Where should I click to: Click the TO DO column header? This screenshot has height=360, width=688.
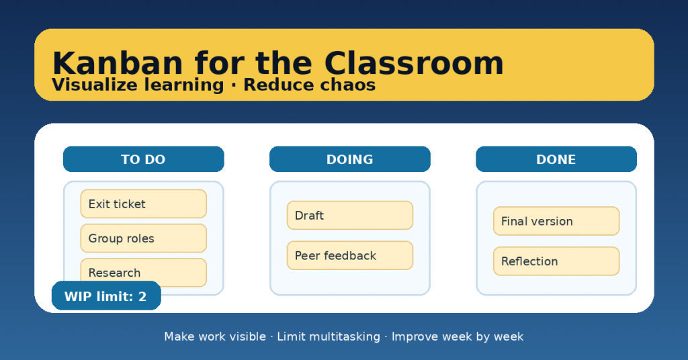pos(144,159)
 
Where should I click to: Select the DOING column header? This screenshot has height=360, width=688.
pos(349,159)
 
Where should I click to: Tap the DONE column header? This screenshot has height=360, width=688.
pos(556,159)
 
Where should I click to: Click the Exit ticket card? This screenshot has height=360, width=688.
pos(144,204)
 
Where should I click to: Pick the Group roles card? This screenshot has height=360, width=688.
pos(144,238)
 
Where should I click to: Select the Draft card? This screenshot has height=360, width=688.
pos(349,216)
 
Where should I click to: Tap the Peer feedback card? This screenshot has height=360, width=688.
pos(349,255)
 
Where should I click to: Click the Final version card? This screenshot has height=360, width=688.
pos(556,221)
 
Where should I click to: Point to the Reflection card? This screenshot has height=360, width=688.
pos(556,261)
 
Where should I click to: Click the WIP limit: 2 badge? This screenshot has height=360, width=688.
pos(106,296)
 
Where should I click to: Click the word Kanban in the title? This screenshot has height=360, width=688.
pos(118,64)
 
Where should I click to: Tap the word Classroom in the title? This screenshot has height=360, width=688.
pos(414,64)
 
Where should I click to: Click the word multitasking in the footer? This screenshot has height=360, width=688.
pos(329,336)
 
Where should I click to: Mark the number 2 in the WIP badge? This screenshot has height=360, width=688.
pos(142,296)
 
